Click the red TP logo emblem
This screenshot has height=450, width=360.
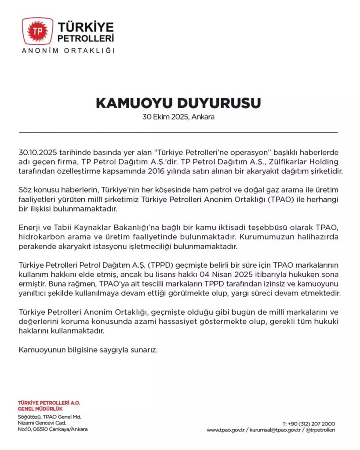pyautogui.click(x=37, y=31)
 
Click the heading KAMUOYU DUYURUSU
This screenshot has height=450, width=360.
pyautogui.click(x=178, y=102)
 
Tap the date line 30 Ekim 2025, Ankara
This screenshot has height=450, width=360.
pyautogui.click(x=178, y=118)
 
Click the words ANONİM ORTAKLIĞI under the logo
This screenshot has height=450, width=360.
pyautogui.click(x=68, y=50)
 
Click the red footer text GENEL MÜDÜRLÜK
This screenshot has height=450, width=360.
pyautogui.click(x=40, y=409)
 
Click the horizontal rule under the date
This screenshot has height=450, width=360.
pyautogui.click(x=178, y=132)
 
